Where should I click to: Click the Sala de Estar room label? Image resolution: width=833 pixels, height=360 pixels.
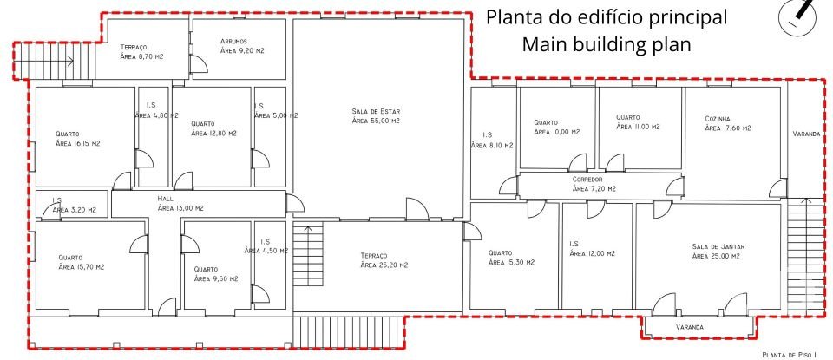pos(377,111)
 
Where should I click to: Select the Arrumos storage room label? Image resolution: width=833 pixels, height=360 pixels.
pos(233,41)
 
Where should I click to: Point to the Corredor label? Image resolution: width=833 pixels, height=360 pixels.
pos(594,178)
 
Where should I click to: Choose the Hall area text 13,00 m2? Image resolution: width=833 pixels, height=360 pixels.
pos(180,208)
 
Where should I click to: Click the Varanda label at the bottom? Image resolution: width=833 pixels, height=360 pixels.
pos(689,327)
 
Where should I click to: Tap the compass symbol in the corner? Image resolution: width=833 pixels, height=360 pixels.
pos(803,16)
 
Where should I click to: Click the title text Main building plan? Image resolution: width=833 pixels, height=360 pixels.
pos(607,44)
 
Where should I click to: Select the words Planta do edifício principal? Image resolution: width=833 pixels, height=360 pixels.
pos(607,17)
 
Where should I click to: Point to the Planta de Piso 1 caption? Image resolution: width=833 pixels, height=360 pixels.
pos(791,355)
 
